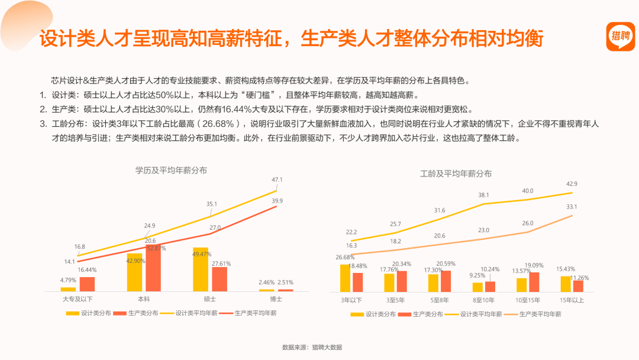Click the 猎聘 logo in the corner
coord(620,36)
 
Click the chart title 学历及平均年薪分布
coord(171,171)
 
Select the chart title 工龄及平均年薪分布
coord(456,173)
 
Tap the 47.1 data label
coord(277,179)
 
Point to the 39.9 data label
coord(277,201)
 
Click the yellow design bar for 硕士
coord(201,269)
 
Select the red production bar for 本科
coord(153,268)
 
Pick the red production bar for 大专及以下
coord(87,284)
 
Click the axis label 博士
coord(276,299)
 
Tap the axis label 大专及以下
coord(78,299)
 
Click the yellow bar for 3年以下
coord(345,278)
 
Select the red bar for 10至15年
coord(534,282)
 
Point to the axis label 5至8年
coord(439,300)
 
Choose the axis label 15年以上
coord(572,300)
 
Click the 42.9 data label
coord(572,184)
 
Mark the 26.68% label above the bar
coord(345,257)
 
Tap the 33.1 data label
coord(572,207)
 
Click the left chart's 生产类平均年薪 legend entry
coord(248,313)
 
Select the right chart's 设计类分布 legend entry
coord(373,314)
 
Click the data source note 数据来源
coord(312,348)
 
